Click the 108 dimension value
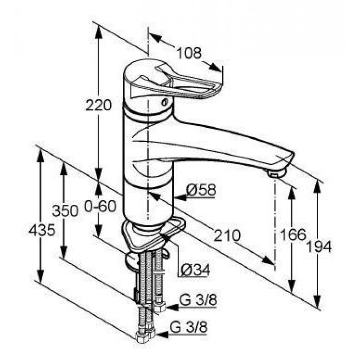pos(189,53)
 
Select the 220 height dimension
pos(99,105)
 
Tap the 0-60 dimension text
pos(100,207)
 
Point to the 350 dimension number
pos(65,211)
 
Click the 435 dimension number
pos(42,230)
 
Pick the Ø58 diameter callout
pos(201,190)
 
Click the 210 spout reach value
pos(227,235)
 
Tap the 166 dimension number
pos(293,234)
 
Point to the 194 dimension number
pos(319,247)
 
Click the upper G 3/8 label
pos(198,300)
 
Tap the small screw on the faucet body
pos(165,102)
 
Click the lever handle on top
pos(177,80)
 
